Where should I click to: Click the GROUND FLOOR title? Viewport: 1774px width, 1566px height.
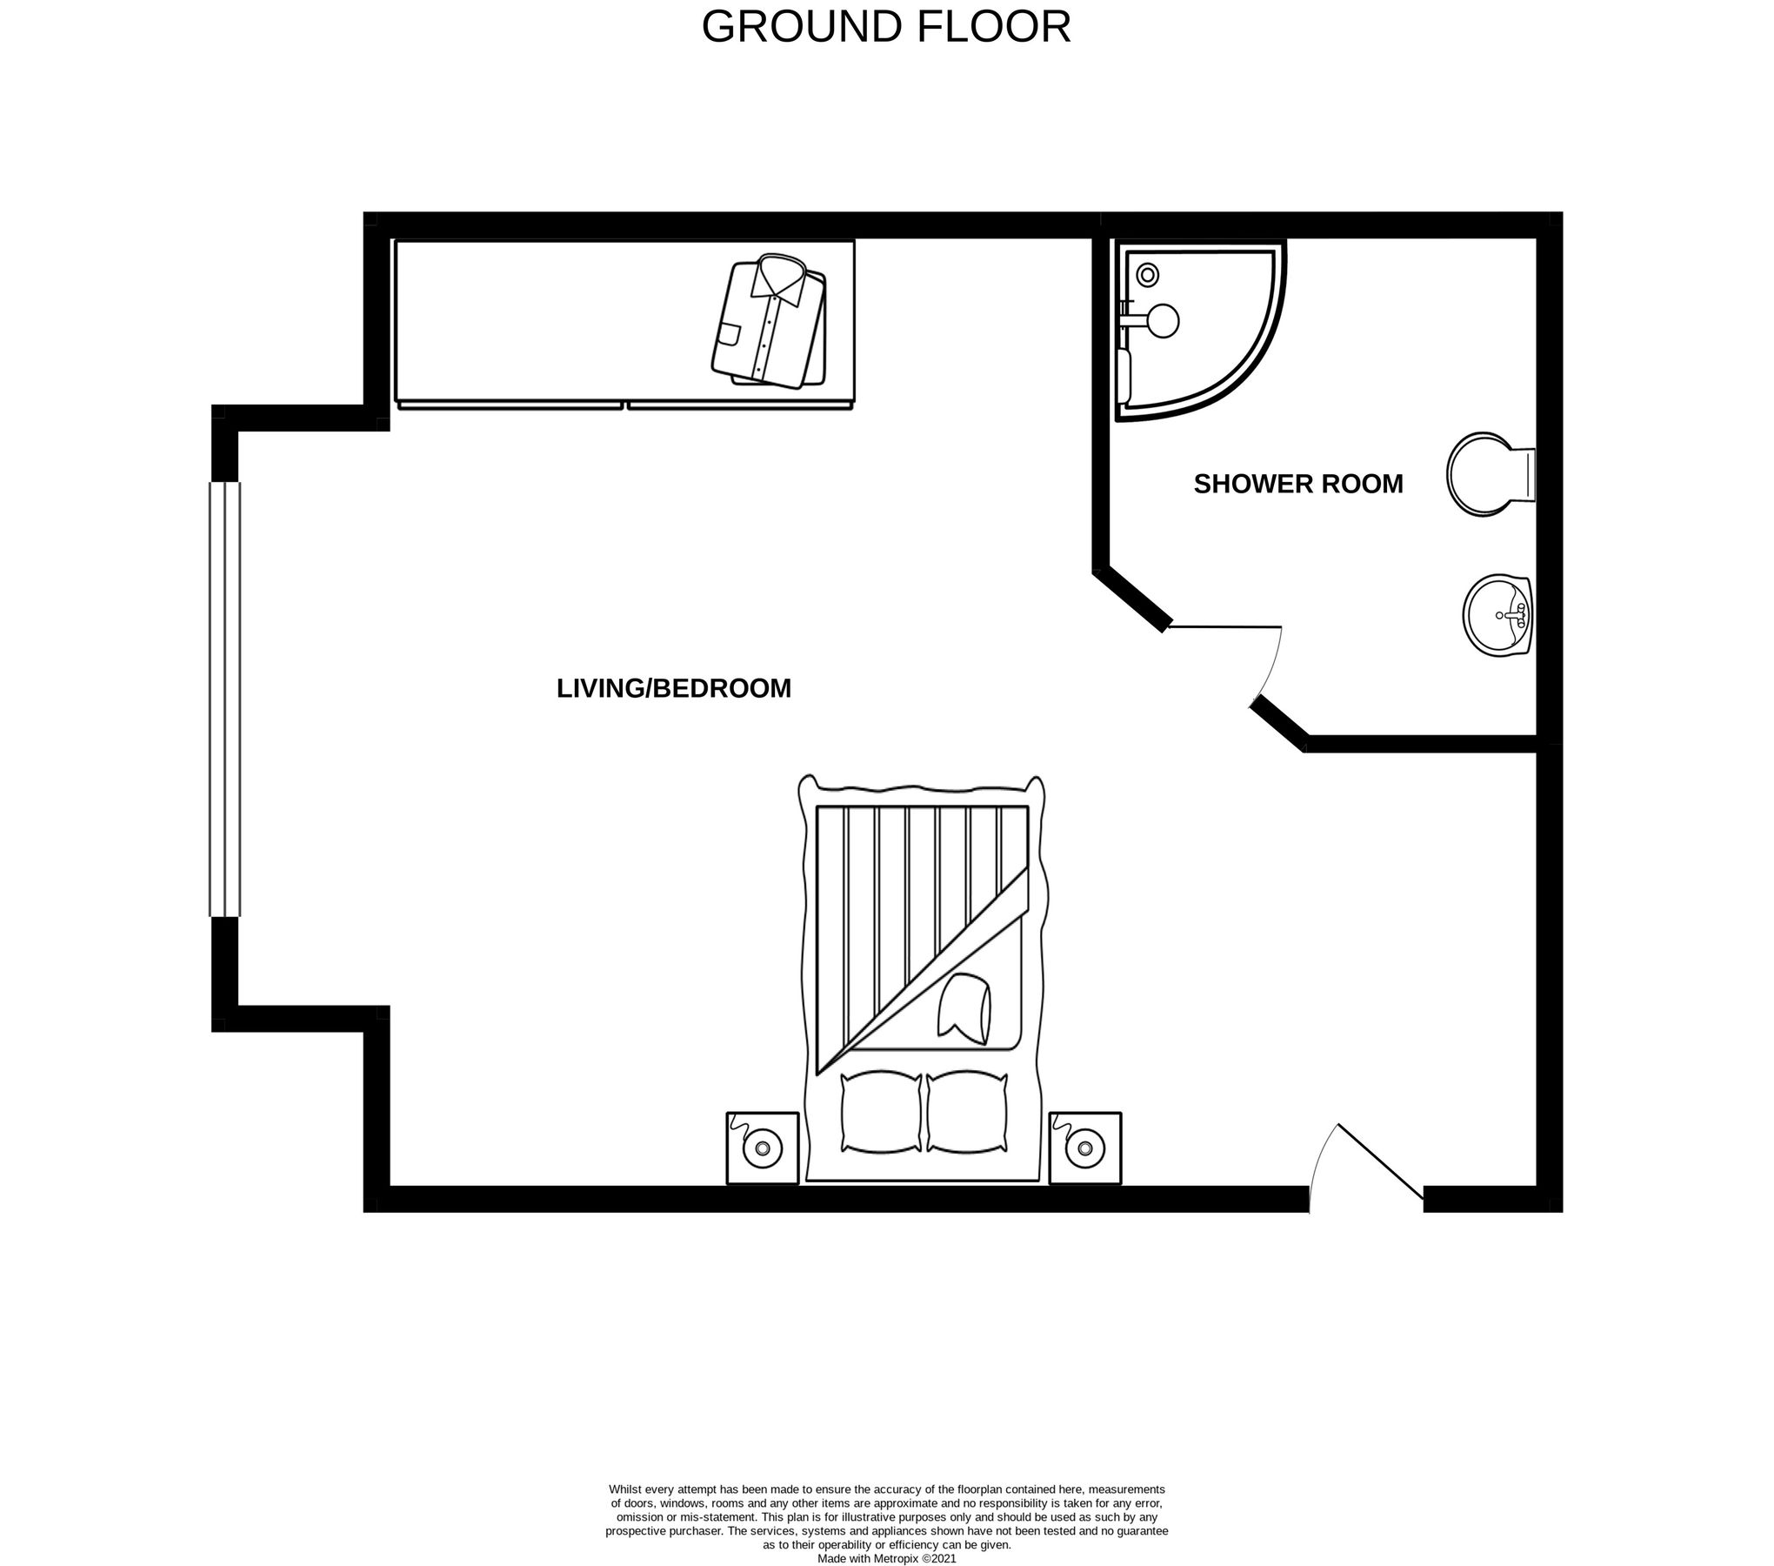[886, 27]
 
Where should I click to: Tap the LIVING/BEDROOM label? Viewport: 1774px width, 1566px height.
[674, 688]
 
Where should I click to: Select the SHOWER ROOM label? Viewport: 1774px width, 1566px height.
[1297, 484]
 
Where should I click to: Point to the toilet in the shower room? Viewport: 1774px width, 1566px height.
[1489, 474]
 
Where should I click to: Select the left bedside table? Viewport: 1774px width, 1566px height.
[763, 1148]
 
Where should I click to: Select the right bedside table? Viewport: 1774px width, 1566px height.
[1084, 1148]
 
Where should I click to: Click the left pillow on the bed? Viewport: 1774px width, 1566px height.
[881, 1113]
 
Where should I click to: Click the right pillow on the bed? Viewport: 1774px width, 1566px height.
[967, 1113]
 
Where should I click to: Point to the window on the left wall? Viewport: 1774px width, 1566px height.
[224, 699]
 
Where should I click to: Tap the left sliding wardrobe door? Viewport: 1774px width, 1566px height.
[510, 405]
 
